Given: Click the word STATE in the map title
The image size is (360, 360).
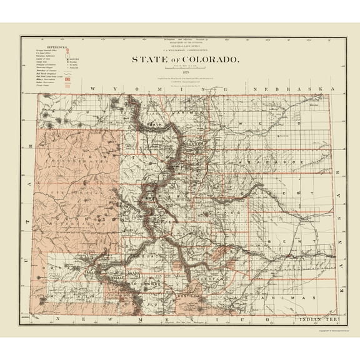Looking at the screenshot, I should (144, 59).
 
